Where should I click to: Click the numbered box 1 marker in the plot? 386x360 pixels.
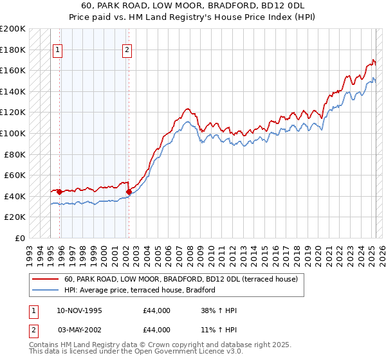tap(58, 51)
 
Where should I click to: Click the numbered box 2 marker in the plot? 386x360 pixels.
tap(127, 51)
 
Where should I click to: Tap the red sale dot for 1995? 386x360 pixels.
tap(59, 192)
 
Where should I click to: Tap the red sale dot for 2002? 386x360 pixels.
tap(129, 192)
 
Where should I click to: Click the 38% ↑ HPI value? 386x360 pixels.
tap(219, 311)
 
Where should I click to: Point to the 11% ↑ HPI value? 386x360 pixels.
tap(219, 330)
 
